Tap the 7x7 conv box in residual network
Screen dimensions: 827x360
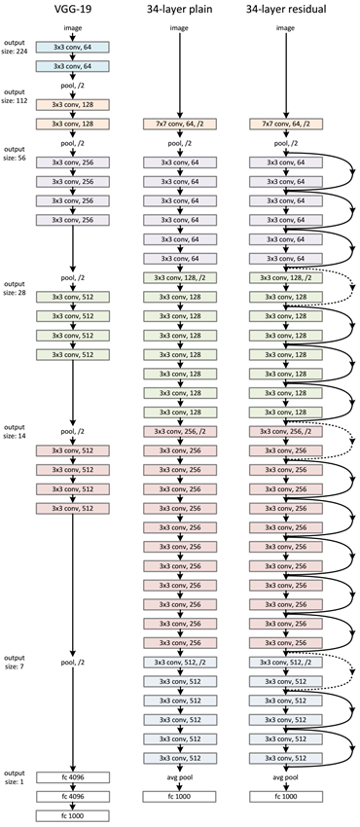pyautogui.click(x=285, y=125)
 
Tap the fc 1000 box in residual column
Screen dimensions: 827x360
pyautogui.click(x=285, y=796)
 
